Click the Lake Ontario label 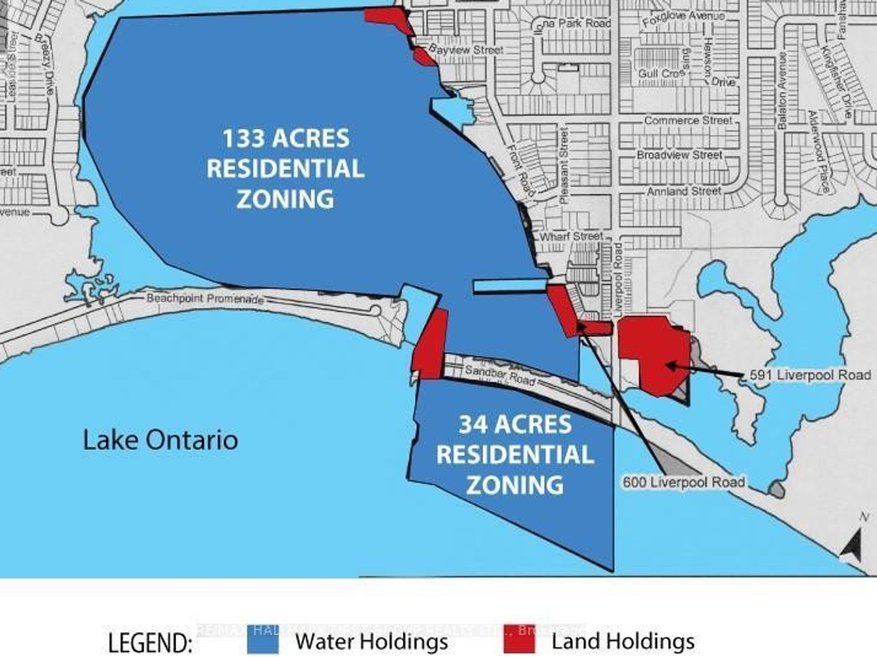[160, 440]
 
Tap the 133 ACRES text [286, 139]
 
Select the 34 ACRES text [515, 424]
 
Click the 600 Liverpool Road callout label [684, 482]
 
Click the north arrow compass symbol [855, 543]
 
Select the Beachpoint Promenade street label [205, 298]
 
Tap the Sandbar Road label [500, 376]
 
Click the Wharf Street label [571, 237]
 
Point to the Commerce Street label [688, 120]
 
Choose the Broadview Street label [679, 155]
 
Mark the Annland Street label [684, 191]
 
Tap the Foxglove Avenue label [683, 18]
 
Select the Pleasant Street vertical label [564, 166]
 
